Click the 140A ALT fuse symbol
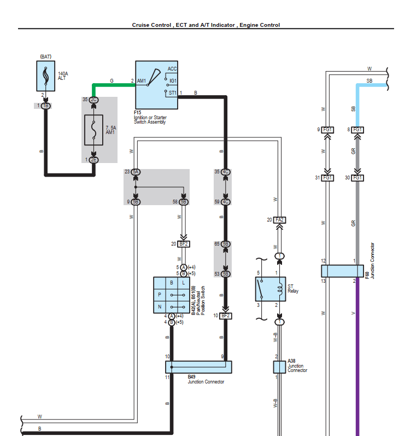pos(45,76)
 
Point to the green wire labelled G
pos(112,85)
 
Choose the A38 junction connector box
pos(279,367)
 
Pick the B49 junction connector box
pos(198,367)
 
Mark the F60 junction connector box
pos(342,271)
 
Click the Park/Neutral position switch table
pos(172,294)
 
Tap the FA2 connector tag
pos(280,220)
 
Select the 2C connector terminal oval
pos(94,100)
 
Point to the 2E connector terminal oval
pos(94,160)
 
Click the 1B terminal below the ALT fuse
pos(46,105)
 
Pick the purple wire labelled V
pos(358,356)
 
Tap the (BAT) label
pos(45,56)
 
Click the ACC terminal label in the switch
pos(172,69)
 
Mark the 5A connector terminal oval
pos(136,172)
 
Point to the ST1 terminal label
pos(172,92)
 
